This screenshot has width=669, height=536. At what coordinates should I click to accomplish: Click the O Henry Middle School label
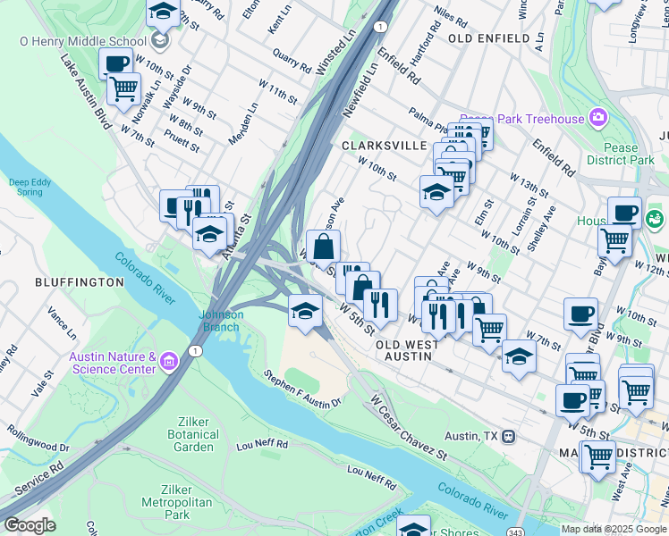82,41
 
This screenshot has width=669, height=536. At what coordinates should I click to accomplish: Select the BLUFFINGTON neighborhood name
79,282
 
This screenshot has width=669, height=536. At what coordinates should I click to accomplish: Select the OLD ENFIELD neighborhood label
484,39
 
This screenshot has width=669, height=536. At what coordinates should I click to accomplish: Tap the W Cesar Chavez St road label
407,428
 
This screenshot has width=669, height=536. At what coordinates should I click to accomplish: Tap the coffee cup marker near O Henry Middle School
115,64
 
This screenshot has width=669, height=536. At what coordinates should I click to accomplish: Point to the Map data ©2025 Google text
613,529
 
